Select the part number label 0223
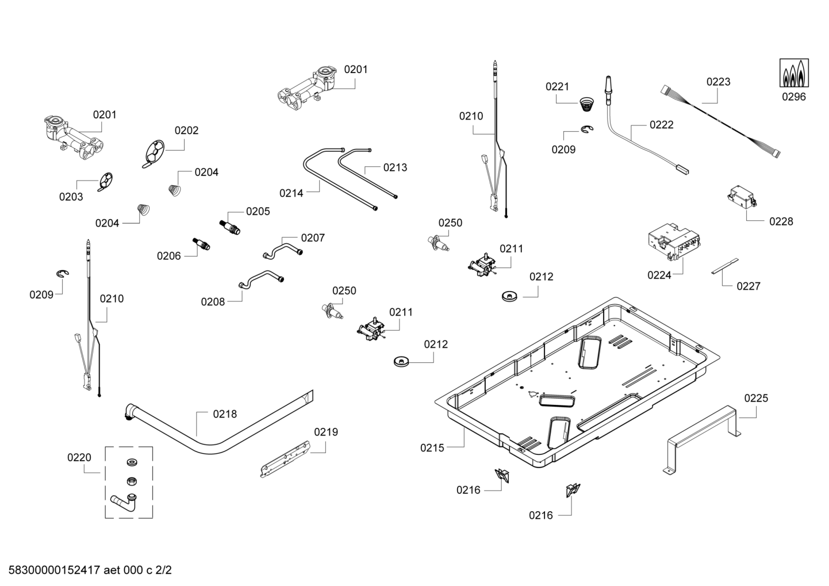point(718,82)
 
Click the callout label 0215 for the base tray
point(432,447)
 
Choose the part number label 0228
point(781,221)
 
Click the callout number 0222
point(661,125)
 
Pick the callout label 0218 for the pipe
point(224,414)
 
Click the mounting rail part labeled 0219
point(285,459)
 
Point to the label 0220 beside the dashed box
point(79,458)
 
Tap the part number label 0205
point(258,212)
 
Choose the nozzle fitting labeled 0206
point(201,244)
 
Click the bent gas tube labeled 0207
point(282,248)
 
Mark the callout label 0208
point(213,301)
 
